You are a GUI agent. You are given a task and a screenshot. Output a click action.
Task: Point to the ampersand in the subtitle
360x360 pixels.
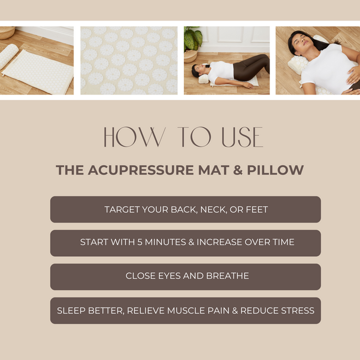(237, 170)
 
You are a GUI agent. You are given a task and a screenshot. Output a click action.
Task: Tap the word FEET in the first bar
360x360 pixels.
(255, 210)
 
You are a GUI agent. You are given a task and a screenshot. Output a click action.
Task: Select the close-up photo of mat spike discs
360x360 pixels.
(129, 61)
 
